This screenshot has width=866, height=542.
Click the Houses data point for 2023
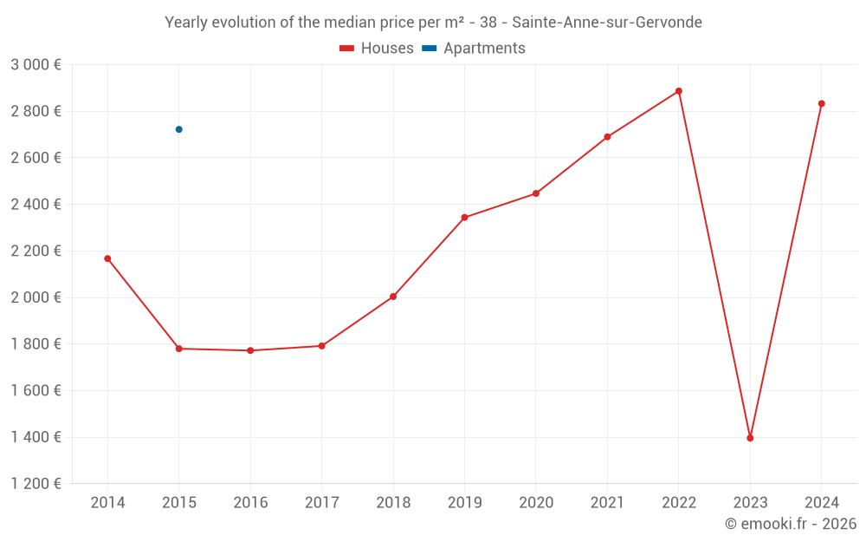pos(750,438)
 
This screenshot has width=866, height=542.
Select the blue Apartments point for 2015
pos(179,129)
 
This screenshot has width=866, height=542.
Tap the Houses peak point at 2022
pos(679,91)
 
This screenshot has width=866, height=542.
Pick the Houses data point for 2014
pos(107,258)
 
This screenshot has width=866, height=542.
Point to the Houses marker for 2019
pos(464,218)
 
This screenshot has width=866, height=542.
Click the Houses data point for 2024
pos(822,104)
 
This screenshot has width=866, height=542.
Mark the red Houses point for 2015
pos(179,349)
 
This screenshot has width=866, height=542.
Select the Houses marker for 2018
pos(393,297)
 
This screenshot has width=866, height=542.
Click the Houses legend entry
pos(377,49)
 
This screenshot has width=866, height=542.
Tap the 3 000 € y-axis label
pos(36,65)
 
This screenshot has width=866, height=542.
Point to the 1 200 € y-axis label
pos(36,484)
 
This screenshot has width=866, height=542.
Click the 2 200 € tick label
pos(36,251)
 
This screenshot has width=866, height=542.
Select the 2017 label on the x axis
pos(321,503)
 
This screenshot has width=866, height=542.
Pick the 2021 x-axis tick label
pos(607,503)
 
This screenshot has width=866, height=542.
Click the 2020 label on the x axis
pos(536,503)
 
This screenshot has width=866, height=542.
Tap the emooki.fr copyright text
pos(791,524)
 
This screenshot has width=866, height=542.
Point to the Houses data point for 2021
pos(607,137)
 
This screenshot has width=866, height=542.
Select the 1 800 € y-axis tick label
pos(36,344)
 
